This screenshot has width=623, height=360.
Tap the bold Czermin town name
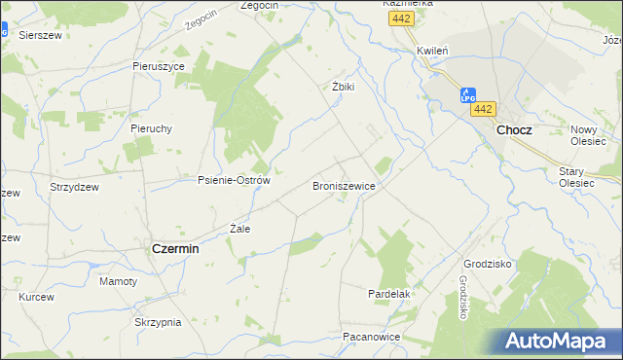coord(175,249)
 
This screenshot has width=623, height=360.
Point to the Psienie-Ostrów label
coord(234,180)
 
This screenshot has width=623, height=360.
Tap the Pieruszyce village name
coord(159,66)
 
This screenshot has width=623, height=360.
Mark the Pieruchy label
coord(151,127)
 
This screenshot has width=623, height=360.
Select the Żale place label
coord(239,229)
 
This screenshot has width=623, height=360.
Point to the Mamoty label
coord(119,281)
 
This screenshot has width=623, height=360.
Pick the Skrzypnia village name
coord(159,322)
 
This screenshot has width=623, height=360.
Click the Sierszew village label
coord(40,34)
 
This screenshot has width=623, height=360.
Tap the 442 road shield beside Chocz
coord(486,109)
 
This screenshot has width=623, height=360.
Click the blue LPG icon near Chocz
coord(467,94)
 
